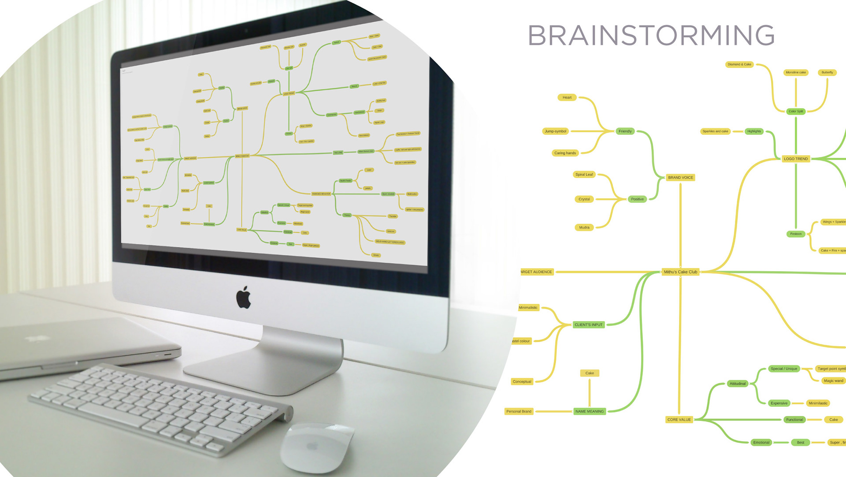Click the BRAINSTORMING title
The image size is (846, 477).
[651, 35]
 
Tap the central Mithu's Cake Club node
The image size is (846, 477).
[680, 272]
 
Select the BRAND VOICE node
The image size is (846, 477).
[680, 178]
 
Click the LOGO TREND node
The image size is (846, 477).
[796, 159]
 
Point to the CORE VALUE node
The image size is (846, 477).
[679, 420]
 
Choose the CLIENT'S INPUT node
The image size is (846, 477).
[588, 325]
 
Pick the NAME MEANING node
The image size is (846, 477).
[590, 411]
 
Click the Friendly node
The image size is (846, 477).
[625, 131]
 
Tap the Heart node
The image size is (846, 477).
[567, 97]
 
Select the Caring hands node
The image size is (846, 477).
[565, 153]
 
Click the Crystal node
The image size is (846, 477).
[584, 199]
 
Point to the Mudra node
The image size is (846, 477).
[584, 227]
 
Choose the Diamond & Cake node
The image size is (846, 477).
[739, 64]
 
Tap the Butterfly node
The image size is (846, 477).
[827, 72]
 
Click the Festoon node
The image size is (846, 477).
[796, 234]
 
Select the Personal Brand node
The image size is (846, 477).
[519, 411]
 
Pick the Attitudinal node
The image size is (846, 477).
[738, 384]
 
